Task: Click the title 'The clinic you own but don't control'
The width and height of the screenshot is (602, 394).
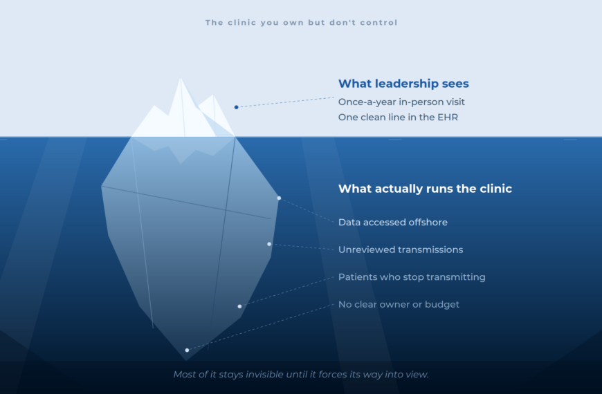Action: pyautogui.click(x=302, y=23)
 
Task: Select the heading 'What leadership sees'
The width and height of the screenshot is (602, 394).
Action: pyautogui.click(x=403, y=84)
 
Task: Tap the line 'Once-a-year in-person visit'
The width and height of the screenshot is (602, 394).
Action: pyautogui.click(x=401, y=102)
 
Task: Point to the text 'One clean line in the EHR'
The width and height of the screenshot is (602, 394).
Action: pyautogui.click(x=398, y=118)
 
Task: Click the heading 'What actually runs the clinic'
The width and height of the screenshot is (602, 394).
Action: pyautogui.click(x=425, y=189)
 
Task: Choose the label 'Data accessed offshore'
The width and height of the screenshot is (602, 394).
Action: pyautogui.click(x=393, y=223)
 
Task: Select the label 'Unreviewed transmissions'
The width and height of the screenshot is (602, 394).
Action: pyautogui.click(x=401, y=250)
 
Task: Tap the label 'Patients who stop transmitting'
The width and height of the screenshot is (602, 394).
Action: pyautogui.click(x=412, y=277)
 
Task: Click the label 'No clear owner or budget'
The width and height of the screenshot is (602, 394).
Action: pyautogui.click(x=399, y=305)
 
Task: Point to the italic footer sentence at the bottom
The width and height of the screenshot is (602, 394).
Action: pyautogui.click(x=301, y=375)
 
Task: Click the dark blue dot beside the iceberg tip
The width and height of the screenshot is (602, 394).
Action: pyautogui.click(x=237, y=107)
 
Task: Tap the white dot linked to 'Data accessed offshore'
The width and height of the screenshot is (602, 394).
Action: pyautogui.click(x=279, y=198)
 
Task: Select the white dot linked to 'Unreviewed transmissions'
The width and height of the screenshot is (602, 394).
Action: pyautogui.click(x=269, y=244)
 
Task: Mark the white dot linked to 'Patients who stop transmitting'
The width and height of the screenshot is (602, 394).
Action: pyautogui.click(x=239, y=306)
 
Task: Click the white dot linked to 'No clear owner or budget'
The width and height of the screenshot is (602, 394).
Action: pyautogui.click(x=187, y=350)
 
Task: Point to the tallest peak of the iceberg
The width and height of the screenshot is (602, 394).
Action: pyautogui.click(x=181, y=78)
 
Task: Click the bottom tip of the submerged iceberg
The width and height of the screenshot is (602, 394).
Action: pyautogui.click(x=186, y=361)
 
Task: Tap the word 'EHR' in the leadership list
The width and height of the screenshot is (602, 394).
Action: pyautogui.click(x=448, y=118)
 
